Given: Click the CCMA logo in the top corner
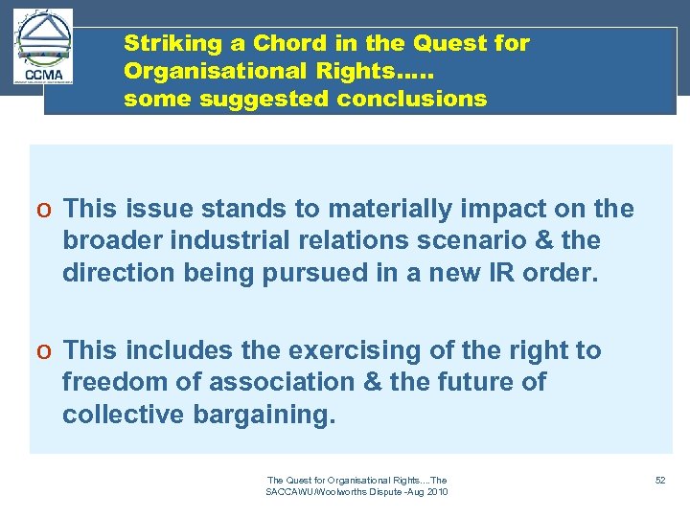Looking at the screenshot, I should [x=44, y=48].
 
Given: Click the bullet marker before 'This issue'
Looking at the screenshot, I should [x=45, y=211].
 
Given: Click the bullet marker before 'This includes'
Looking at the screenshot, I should [x=45, y=351].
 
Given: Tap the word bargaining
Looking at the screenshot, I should [x=279, y=414].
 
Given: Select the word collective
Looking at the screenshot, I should [x=126, y=414].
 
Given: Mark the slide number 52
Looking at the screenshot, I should [x=659, y=480].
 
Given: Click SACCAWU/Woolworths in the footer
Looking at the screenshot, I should [x=324, y=492].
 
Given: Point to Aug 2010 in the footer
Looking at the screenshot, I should [x=428, y=492].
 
